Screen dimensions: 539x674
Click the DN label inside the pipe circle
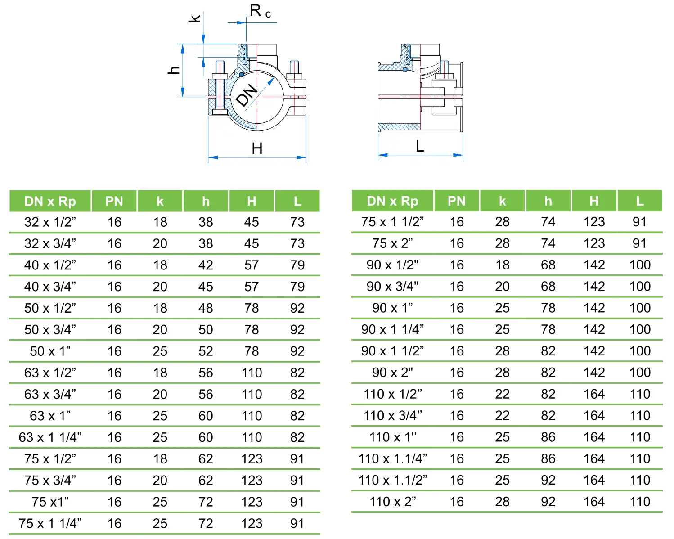point(247,95)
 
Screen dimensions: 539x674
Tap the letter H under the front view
point(257,148)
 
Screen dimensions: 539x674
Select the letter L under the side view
point(420,146)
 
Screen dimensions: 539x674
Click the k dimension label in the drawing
point(195,18)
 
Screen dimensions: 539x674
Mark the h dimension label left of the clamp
point(174,70)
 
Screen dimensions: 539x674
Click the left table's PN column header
point(114,201)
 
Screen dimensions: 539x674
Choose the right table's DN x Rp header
point(392,201)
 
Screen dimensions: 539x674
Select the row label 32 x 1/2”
point(50,222)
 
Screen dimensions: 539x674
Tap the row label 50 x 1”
point(50,351)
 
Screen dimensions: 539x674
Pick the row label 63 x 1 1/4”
point(50,437)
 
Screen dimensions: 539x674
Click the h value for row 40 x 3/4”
point(206,287)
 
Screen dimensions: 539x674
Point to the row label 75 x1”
point(50,502)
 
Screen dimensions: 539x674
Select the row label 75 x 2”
point(392,243)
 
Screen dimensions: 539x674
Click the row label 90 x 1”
point(392,308)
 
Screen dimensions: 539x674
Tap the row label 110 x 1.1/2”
point(392,480)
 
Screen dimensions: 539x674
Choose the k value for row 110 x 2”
point(502,502)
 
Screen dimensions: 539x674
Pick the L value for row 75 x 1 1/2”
point(639,222)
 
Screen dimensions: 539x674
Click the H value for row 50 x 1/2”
point(252,308)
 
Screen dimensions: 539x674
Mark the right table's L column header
point(639,201)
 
